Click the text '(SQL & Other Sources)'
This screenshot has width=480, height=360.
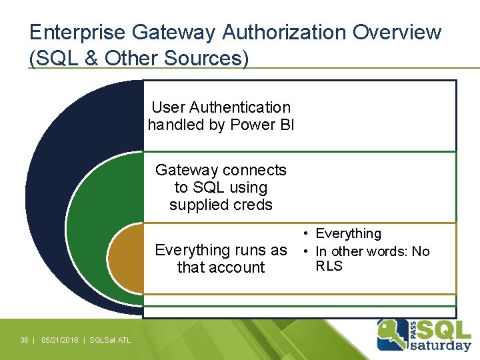tap(139, 58)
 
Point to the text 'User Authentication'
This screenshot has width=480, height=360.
tap(221, 107)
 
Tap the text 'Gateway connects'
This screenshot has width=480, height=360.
tap(221, 170)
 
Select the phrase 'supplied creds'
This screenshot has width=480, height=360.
tap(221, 205)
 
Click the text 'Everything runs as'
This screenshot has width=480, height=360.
tap(221, 250)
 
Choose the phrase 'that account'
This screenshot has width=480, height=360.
tap(221, 267)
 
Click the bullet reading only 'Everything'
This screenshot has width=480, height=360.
tap(348, 233)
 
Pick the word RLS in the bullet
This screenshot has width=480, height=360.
tap(329, 266)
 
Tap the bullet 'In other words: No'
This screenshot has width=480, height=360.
tap(372, 251)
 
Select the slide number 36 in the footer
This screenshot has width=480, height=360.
tap(24, 341)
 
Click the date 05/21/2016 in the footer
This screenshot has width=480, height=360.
tap(59, 341)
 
